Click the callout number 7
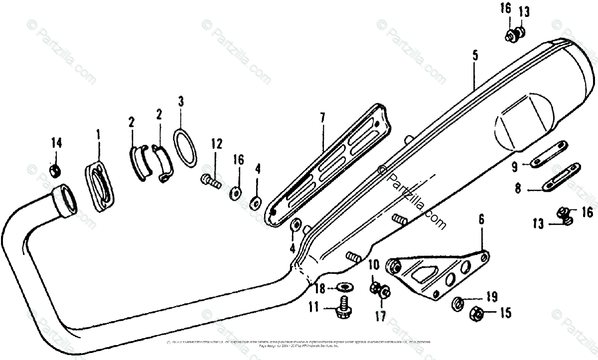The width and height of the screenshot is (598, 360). [x=322, y=118]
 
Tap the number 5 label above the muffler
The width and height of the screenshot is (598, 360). [x=475, y=55]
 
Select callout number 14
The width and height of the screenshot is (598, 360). [x=56, y=143]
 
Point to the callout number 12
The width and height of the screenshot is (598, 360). [x=216, y=144]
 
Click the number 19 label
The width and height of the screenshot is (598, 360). [x=492, y=298]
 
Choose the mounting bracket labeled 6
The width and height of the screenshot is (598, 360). [x=439, y=276]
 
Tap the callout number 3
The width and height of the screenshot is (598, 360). [x=181, y=102]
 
